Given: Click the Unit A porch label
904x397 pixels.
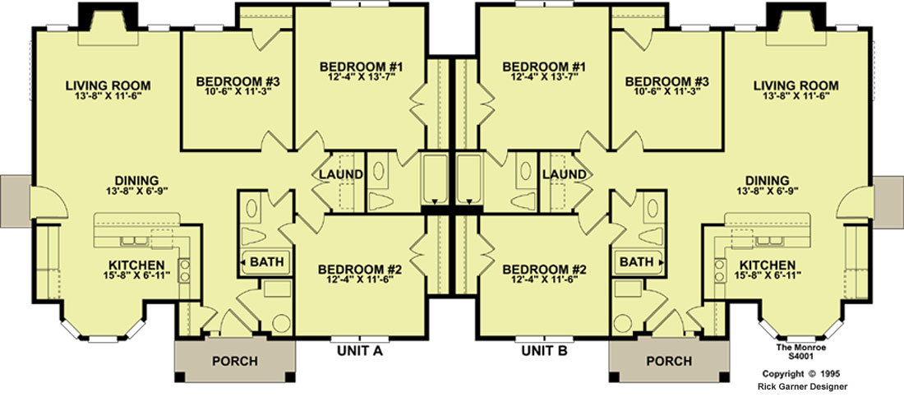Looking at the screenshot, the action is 235,361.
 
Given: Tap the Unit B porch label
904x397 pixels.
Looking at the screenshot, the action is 669,361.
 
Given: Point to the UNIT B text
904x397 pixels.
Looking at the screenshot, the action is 545,349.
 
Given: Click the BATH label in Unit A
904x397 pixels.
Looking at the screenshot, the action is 267,262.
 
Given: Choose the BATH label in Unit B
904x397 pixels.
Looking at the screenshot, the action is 636,262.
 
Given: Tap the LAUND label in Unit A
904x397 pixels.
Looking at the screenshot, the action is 341,173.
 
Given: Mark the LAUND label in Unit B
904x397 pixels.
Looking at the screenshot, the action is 565,173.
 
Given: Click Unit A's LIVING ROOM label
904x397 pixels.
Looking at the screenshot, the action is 108,86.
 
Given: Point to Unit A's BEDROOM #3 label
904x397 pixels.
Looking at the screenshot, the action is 238,81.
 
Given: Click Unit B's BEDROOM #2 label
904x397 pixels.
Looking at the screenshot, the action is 544,270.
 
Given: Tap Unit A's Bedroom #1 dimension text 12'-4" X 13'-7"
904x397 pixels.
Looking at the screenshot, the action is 361,76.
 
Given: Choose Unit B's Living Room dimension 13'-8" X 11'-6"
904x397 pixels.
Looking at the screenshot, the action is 796,96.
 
